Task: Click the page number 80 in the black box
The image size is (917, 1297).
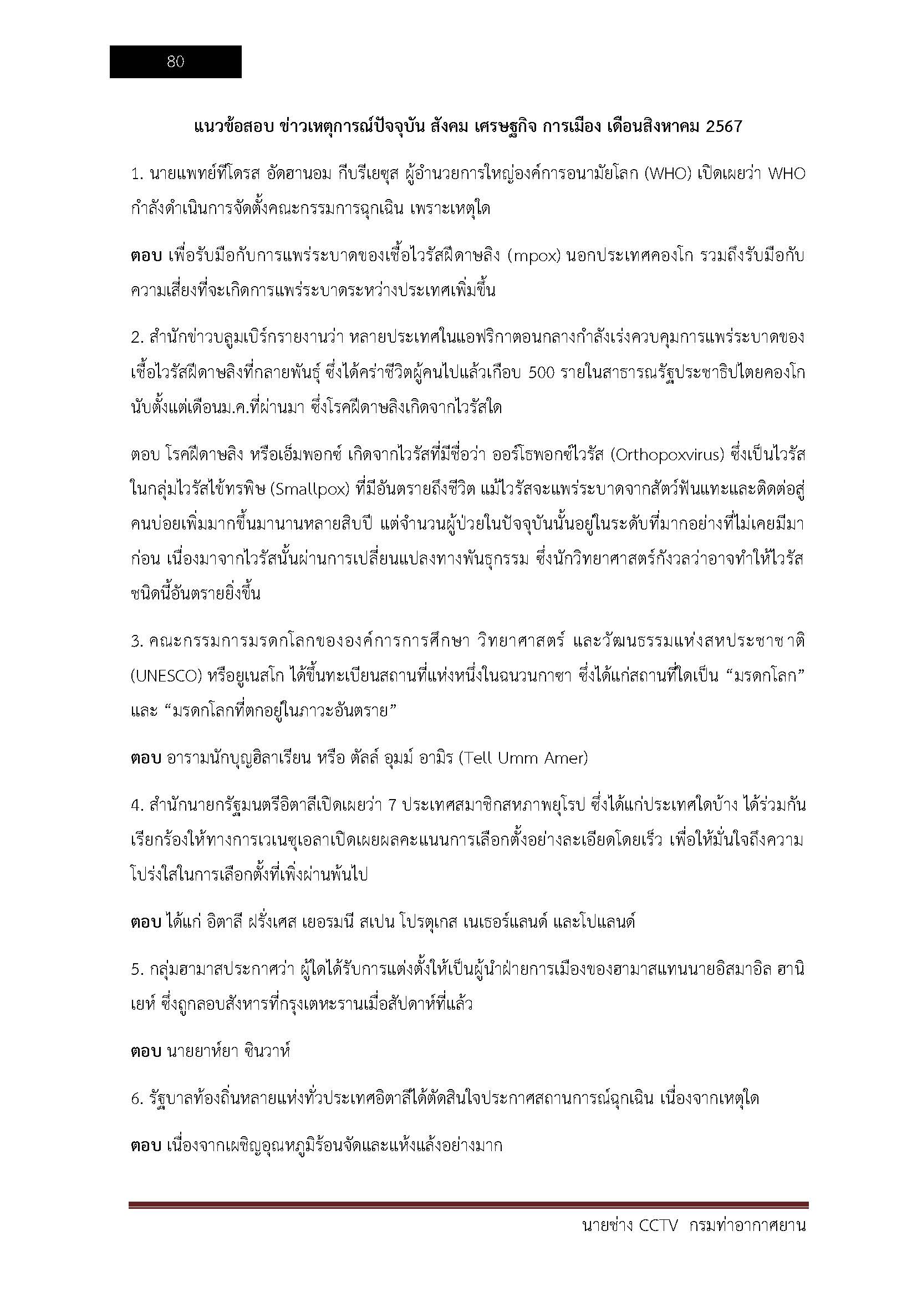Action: (x=176, y=62)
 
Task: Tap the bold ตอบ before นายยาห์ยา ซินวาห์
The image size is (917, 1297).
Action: (x=146, y=1052)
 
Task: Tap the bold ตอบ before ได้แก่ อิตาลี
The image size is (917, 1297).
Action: (x=146, y=922)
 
